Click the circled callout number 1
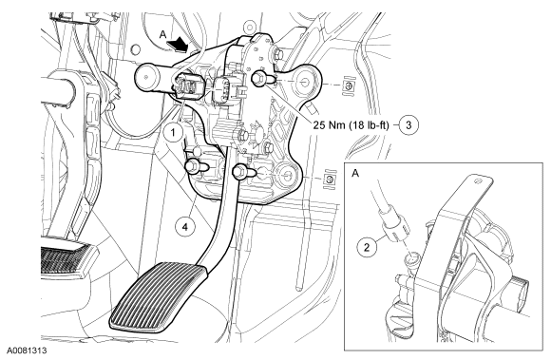[173, 132]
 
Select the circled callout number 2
[367, 247]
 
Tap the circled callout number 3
[408, 124]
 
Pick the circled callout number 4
[185, 227]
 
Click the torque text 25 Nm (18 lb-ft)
[351, 125]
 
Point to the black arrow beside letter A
[179, 45]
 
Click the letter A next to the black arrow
[162, 34]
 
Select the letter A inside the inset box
[355, 173]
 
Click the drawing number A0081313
[26, 351]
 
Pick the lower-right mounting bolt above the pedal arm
[243, 172]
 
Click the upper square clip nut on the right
[348, 85]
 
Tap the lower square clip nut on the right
[329, 180]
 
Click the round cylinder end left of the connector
[147, 78]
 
